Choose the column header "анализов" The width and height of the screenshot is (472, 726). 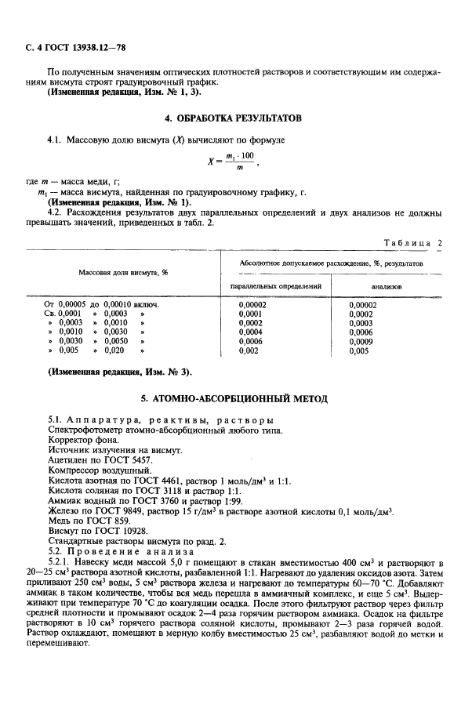click(387, 287)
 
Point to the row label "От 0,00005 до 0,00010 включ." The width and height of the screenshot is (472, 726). click(102, 304)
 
